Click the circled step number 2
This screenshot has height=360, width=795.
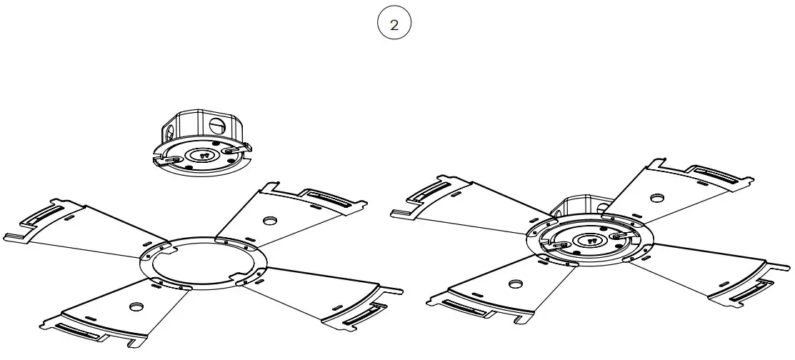coord(394,25)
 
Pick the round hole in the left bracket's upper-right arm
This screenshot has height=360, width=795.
coord(270,221)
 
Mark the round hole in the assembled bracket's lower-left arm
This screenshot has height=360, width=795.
coord(514,284)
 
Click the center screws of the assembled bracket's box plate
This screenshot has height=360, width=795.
coord(591,241)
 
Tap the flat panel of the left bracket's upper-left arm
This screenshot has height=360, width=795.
coord(107,229)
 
